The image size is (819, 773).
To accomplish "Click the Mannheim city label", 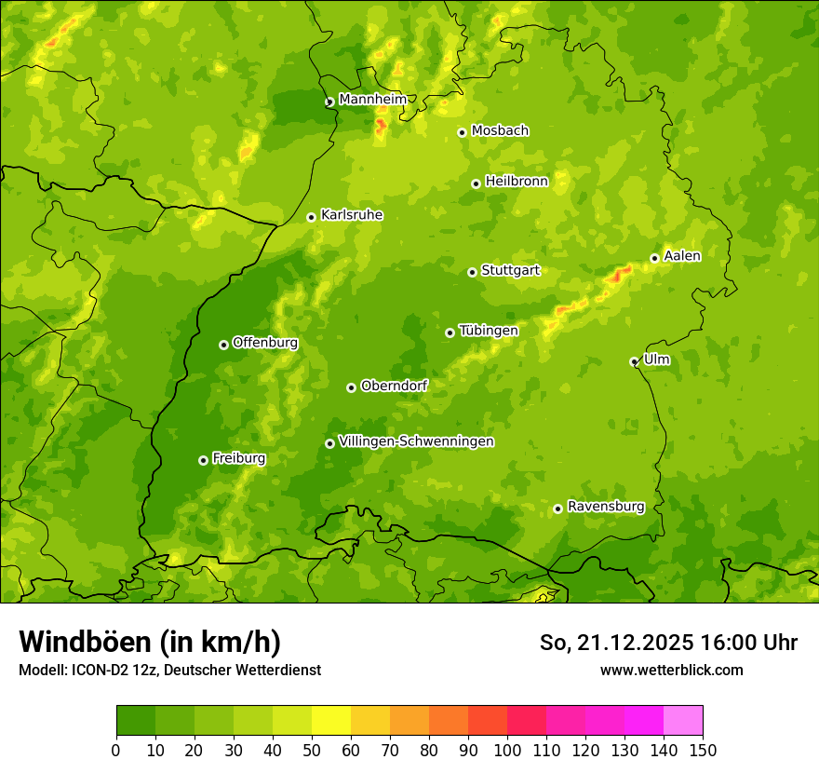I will click(373, 100).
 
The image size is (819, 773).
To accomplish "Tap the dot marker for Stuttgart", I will click(472, 272).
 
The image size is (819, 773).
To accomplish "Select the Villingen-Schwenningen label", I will click(416, 441).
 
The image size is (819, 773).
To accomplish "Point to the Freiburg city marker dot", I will click(203, 460).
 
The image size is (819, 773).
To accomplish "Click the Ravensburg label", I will click(606, 507).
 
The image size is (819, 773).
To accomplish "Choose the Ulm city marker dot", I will click(634, 361).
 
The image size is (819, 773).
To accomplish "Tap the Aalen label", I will click(682, 256).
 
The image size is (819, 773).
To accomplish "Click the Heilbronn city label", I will click(517, 182).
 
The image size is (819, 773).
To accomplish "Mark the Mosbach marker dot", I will click(462, 132).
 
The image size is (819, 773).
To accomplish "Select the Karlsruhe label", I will click(352, 215).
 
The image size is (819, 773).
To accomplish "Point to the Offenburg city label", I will click(265, 343).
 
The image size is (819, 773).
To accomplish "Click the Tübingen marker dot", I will click(450, 332).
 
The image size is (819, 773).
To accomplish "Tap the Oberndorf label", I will click(394, 386).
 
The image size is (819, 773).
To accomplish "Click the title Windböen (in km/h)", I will click(150, 642).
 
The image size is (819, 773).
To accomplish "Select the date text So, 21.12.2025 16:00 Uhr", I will click(668, 643).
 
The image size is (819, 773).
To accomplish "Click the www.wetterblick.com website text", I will click(671, 670).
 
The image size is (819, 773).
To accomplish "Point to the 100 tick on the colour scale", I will click(507, 750).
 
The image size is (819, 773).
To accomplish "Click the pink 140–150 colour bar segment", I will click(683, 721).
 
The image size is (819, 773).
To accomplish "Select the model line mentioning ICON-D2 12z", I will click(169, 670).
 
